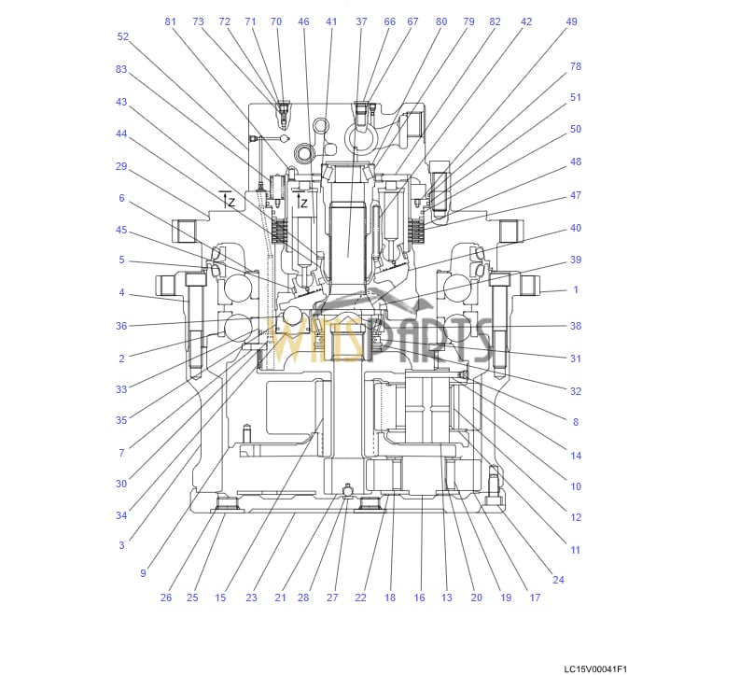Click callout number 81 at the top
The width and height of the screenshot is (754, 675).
pyautogui.click(x=170, y=21)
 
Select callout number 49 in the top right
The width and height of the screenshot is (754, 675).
pyautogui.click(x=572, y=21)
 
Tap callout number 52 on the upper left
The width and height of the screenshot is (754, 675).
pyautogui.click(x=123, y=37)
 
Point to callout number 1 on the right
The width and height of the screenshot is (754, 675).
pyautogui.click(x=576, y=290)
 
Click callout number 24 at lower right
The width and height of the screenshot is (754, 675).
pyautogui.click(x=558, y=580)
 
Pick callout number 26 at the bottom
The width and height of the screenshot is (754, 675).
pyautogui.click(x=166, y=598)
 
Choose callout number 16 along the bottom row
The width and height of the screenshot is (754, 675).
pyautogui.click(x=419, y=598)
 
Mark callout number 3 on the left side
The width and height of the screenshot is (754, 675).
pyautogui.click(x=121, y=545)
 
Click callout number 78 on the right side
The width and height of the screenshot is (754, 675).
pyautogui.click(x=576, y=66)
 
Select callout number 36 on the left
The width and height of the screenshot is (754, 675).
pyautogui.click(x=121, y=326)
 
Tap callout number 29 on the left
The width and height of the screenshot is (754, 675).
pyautogui.click(x=121, y=166)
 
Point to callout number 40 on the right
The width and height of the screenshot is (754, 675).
pyautogui.click(x=576, y=228)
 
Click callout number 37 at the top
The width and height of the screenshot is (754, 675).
pyautogui.click(x=361, y=21)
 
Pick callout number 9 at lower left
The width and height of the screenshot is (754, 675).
pyautogui.click(x=143, y=573)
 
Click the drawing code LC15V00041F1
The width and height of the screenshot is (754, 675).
pyautogui.click(x=595, y=668)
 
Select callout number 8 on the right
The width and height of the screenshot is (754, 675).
pyautogui.click(x=576, y=422)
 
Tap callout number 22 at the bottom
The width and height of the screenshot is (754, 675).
pyautogui.click(x=360, y=598)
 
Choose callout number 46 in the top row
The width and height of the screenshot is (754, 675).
pyautogui.click(x=303, y=21)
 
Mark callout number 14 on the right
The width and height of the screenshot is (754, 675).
pyautogui.click(x=576, y=456)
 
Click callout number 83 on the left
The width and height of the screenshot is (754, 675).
pyautogui.click(x=121, y=70)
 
